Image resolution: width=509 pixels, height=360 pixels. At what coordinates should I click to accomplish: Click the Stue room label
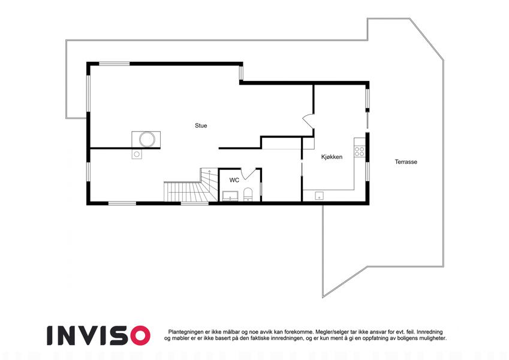[x=201, y=126]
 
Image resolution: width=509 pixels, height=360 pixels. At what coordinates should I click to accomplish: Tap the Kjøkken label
[x=332, y=157]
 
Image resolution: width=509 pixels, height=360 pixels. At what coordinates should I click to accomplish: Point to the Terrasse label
[x=406, y=162]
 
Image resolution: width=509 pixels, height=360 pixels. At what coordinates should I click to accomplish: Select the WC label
[x=234, y=180]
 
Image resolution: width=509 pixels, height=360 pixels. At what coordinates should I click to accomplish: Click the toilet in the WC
[x=248, y=194]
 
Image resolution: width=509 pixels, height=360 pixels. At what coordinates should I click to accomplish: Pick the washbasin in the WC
[x=230, y=196]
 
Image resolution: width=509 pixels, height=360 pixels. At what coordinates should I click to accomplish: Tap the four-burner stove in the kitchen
[x=359, y=151]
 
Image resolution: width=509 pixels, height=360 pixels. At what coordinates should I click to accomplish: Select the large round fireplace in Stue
[x=147, y=139]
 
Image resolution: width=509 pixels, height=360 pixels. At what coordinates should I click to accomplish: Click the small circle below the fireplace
[x=137, y=154]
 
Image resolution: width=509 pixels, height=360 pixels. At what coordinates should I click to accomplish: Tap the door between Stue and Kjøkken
[x=308, y=122]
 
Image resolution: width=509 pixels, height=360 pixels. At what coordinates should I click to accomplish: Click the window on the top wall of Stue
[x=115, y=64]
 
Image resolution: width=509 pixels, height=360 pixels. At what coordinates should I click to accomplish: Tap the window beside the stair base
[x=194, y=203]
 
